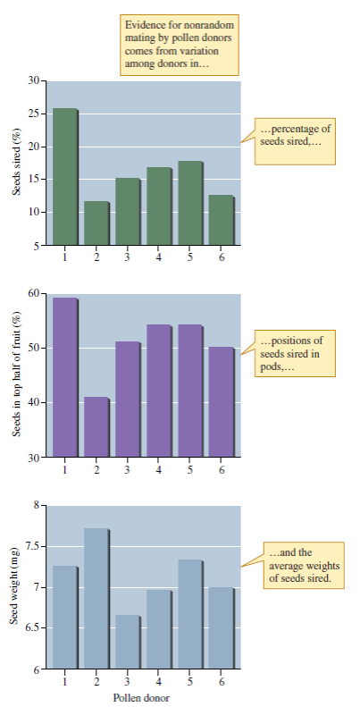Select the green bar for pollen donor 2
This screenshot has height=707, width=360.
coord(96,223)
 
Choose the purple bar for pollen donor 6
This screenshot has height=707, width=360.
coord(222,402)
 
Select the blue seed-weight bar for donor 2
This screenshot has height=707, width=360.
coord(96,599)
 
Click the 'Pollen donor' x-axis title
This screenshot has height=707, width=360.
coord(142,697)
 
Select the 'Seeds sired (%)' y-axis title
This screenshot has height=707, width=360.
coord(14,163)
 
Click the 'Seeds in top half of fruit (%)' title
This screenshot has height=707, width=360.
coord(14,375)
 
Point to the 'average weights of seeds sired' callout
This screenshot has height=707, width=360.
coord(303,565)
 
